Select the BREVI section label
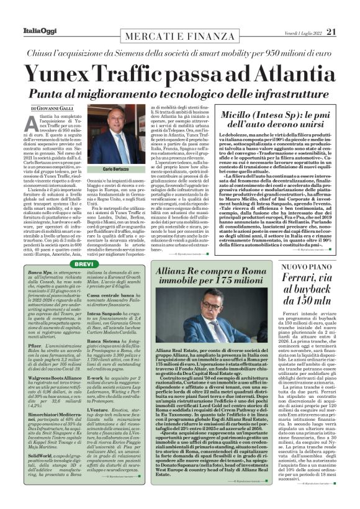click(x=83, y=264)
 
